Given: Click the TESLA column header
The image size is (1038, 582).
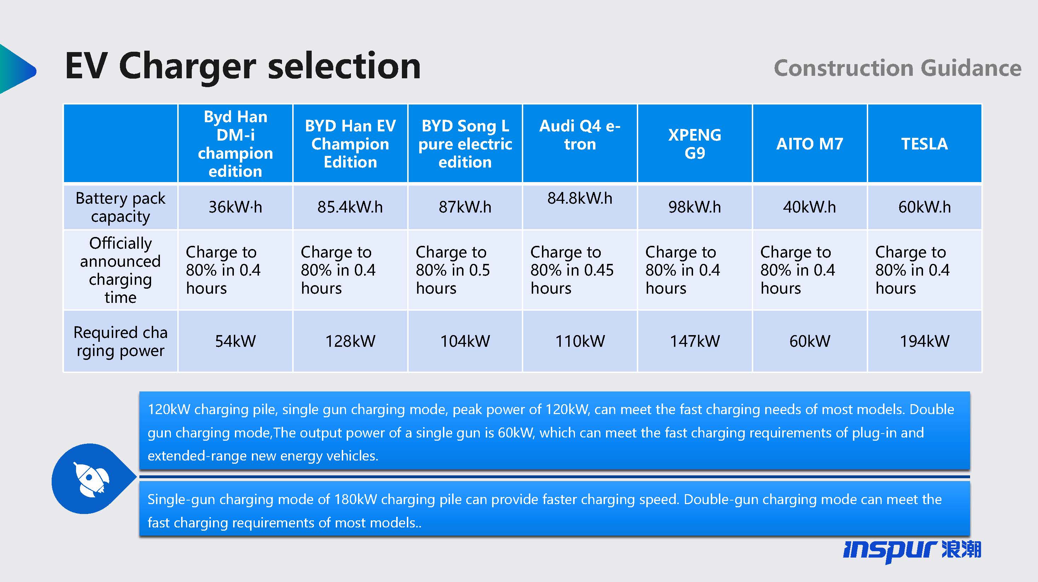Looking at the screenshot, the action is click(x=924, y=144).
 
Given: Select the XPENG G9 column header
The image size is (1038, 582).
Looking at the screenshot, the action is click(x=695, y=144).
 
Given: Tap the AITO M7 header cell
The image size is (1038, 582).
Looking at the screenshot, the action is click(x=809, y=144).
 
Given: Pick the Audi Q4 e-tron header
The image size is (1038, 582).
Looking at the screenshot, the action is click(x=580, y=135).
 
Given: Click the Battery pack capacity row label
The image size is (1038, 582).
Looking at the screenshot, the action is click(x=121, y=207).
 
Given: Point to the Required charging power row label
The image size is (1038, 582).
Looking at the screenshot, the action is click(x=121, y=341).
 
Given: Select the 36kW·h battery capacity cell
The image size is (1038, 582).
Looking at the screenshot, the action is click(x=235, y=207).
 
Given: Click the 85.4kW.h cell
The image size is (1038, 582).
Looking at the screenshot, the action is click(x=350, y=207).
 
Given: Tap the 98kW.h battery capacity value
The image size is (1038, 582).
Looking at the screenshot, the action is click(x=695, y=207).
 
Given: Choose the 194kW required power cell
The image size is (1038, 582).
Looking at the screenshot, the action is click(x=924, y=341).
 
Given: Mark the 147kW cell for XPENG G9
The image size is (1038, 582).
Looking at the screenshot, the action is click(x=695, y=341).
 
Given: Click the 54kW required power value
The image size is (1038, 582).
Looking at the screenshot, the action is click(x=235, y=341).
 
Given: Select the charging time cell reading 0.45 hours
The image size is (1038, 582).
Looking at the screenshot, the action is click(x=572, y=270).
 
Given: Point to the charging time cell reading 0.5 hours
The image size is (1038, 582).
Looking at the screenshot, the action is click(x=453, y=270).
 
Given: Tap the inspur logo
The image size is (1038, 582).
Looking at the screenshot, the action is click(x=912, y=550).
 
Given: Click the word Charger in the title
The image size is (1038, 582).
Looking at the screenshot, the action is click(x=188, y=67).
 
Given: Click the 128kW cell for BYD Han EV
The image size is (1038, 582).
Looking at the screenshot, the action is click(x=350, y=341).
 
